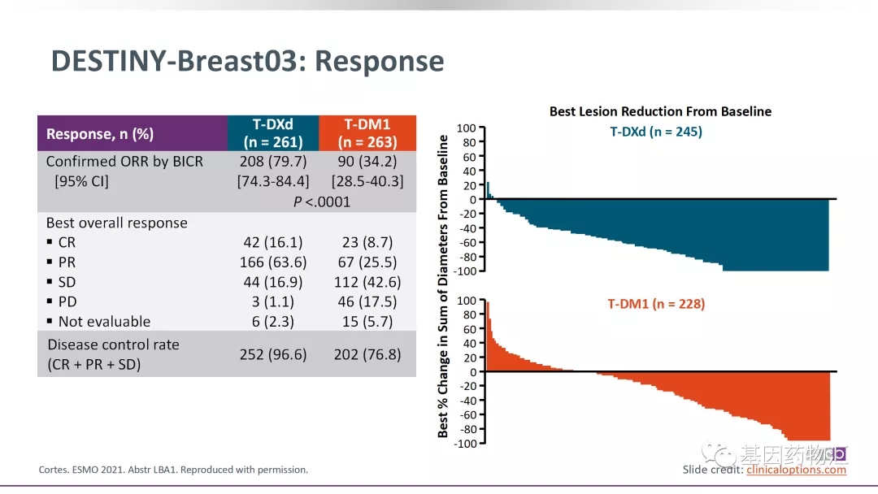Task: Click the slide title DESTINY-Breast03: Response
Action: click(247, 62)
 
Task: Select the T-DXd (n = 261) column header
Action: click(273, 133)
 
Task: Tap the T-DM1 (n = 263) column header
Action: click(367, 133)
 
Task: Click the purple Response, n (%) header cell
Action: click(100, 134)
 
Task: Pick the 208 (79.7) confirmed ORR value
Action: click(273, 161)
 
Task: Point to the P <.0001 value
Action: click(321, 201)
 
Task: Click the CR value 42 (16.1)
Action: click(273, 242)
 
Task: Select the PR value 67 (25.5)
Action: click(367, 262)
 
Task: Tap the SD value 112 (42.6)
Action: click(367, 282)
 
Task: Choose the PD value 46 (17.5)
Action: click(367, 301)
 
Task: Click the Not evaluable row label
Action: click(103, 322)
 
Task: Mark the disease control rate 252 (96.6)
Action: click(273, 354)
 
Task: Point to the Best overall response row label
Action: click(116, 223)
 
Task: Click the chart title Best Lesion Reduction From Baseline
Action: click(660, 111)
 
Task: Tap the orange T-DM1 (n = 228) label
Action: click(656, 305)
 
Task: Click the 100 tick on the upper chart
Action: click(466, 128)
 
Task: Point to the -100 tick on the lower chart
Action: click(464, 444)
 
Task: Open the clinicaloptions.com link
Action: click(797, 470)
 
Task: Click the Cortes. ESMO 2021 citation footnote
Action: click(173, 470)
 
